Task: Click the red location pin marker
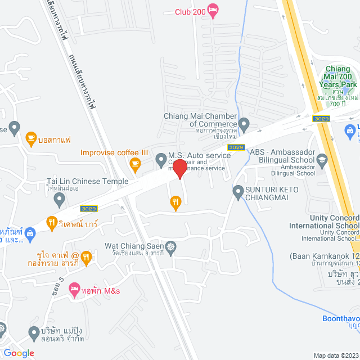(179, 169)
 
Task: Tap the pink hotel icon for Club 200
(213, 9)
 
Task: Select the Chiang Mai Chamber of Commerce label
(200, 120)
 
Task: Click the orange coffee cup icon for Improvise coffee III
(134, 164)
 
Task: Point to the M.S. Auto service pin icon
(161, 158)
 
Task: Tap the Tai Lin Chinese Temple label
(87, 182)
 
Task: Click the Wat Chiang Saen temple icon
(170, 246)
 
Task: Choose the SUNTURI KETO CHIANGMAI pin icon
(238, 191)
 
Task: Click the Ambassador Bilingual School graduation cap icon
(322, 159)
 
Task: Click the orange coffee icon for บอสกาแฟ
(31, 137)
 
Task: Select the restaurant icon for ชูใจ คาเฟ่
(85, 258)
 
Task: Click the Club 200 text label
(189, 12)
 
